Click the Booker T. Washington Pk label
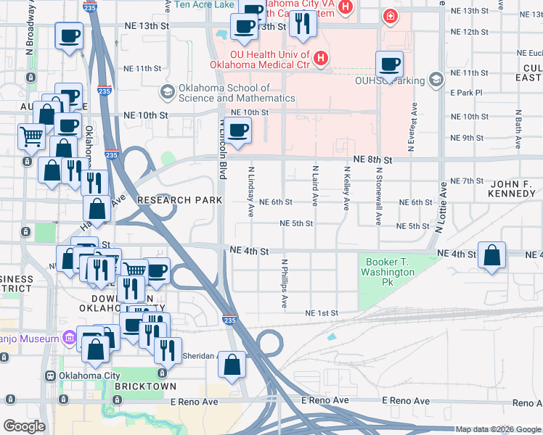(x=388, y=272)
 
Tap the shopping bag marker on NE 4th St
(x=492, y=256)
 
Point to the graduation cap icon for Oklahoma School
(x=166, y=91)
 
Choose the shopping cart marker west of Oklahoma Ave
(x=31, y=136)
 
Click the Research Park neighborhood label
(x=175, y=200)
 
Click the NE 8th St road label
(x=372, y=159)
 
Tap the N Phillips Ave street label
(x=285, y=283)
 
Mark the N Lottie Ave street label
(x=440, y=207)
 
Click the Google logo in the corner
(x=24, y=426)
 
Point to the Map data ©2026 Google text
(x=497, y=429)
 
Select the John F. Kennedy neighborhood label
(x=502, y=188)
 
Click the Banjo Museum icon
(x=68, y=339)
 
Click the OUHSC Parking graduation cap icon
(x=436, y=79)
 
